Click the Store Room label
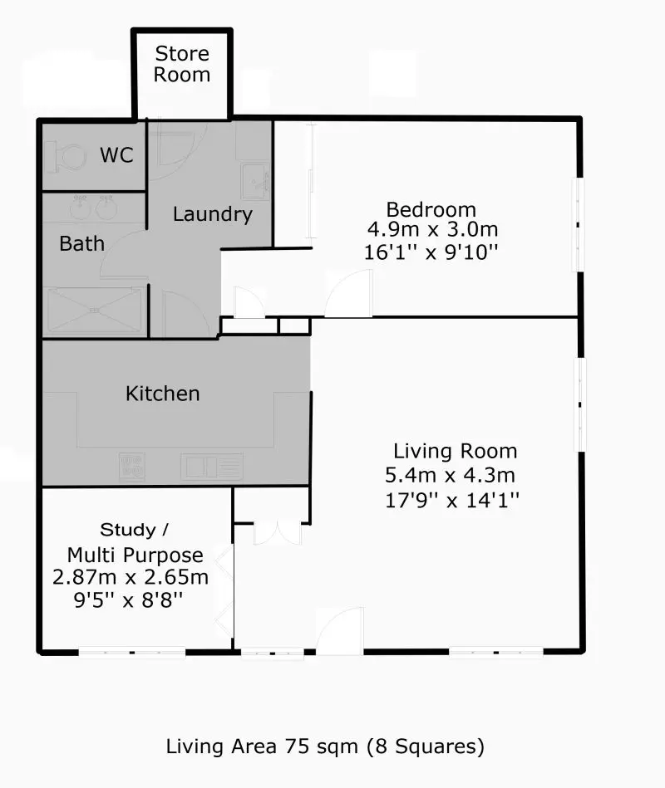182,65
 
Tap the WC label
116,155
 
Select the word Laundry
212,214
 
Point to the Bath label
82,243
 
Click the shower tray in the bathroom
93,311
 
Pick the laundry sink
254,179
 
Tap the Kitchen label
163,393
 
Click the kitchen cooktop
131,466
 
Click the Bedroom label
431,209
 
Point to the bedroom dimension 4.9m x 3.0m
432,230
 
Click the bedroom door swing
348,296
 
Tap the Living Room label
455,452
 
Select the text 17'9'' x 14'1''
452,500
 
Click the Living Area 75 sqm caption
325,746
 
